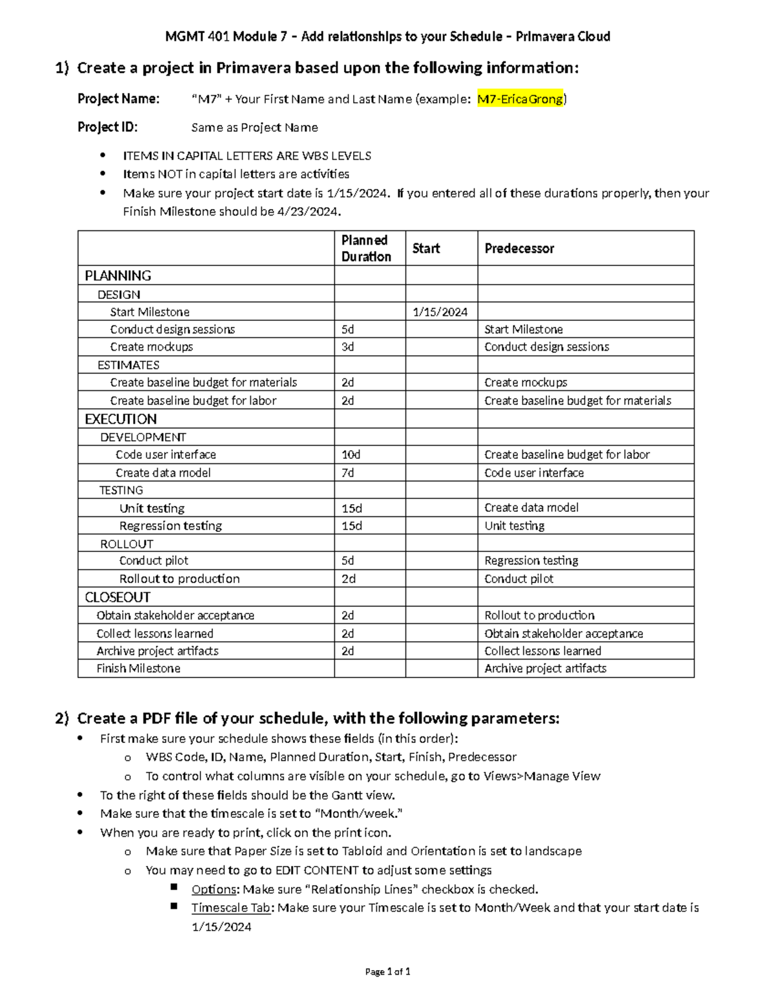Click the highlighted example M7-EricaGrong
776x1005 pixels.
(520, 99)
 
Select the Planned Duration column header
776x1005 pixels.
(366, 248)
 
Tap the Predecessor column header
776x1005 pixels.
(519, 248)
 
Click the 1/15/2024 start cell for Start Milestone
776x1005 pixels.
(440, 312)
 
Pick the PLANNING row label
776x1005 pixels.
(118, 276)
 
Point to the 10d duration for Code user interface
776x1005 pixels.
(350, 455)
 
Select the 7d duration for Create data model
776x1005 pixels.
(348, 473)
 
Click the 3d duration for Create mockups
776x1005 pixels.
(348, 347)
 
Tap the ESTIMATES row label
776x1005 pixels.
(128, 365)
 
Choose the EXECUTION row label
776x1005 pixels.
(121, 419)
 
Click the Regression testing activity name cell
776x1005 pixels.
(171, 526)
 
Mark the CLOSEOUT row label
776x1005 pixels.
(118, 597)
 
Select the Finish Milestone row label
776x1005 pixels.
(138, 668)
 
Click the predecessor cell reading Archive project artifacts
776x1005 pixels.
(545, 668)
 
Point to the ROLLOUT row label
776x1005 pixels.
(127, 544)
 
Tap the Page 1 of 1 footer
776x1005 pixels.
(388, 971)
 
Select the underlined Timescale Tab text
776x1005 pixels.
(230, 908)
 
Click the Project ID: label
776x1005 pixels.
(107, 127)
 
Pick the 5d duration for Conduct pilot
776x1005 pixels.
(348, 561)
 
